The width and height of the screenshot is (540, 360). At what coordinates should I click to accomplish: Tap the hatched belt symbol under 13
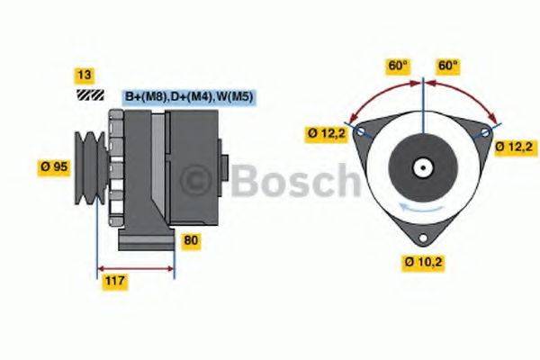(88, 94)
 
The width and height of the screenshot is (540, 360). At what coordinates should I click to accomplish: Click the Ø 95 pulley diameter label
(55, 166)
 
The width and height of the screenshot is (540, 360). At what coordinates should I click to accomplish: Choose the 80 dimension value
(191, 240)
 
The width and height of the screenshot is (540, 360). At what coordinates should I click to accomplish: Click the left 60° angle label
(398, 65)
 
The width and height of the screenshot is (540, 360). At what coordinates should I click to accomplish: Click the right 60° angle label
(447, 65)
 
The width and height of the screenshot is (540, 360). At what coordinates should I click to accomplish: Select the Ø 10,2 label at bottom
(422, 262)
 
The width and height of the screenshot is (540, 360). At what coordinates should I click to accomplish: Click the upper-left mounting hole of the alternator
(362, 131)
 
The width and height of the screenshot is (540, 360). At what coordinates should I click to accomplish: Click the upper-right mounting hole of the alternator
(485, 131)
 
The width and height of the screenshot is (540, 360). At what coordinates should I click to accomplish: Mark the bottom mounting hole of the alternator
(423, 237)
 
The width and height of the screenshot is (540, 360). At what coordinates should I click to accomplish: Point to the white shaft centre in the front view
(423, 166)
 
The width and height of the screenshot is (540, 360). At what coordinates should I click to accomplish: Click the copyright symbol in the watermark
(196, 183)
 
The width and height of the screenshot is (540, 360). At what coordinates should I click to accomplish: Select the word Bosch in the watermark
(292, 182)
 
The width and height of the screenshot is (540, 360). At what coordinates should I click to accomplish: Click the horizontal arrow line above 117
(135, 267)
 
